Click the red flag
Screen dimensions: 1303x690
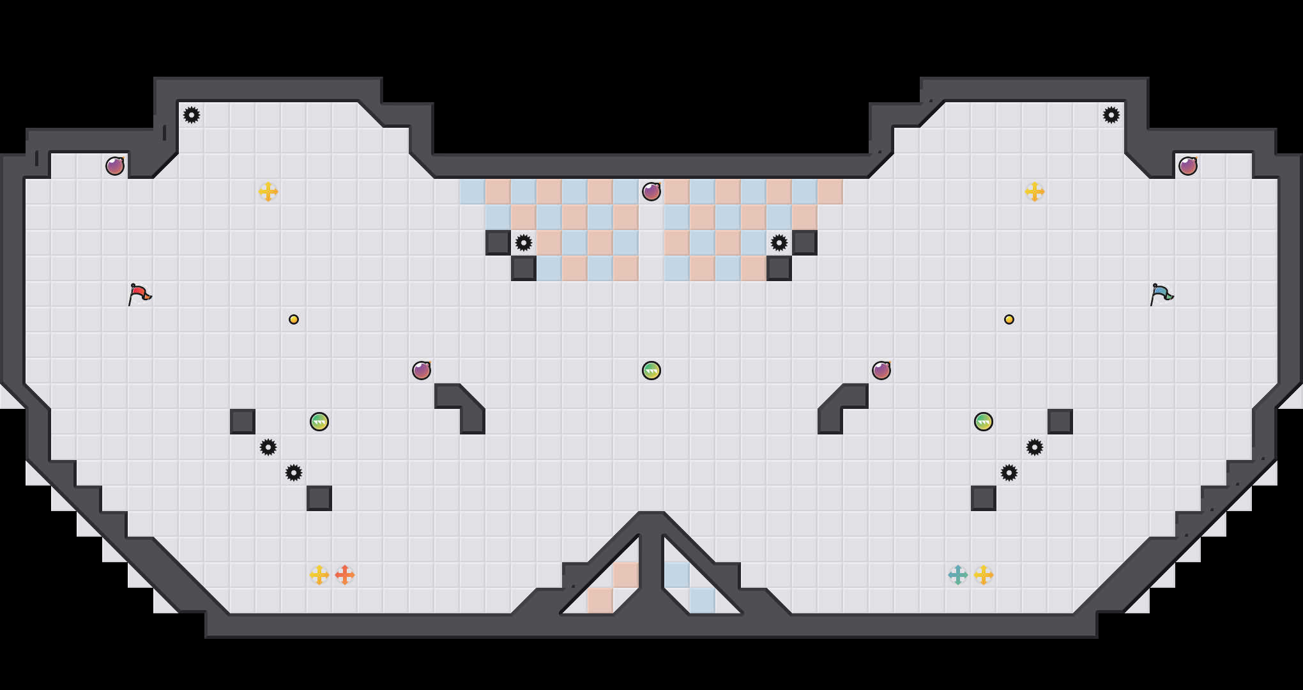[139, 294]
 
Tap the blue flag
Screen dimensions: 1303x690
[1161, 294]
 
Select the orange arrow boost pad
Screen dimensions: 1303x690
[345, 575]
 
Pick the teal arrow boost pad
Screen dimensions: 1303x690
[958, 575]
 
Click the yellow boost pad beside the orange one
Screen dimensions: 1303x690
[319, 575]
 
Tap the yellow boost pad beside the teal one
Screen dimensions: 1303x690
[984, 575]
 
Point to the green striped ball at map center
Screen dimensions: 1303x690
[651, 371]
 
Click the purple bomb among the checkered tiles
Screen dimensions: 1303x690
[651, 192]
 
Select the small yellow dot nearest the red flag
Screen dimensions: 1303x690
[294, 319]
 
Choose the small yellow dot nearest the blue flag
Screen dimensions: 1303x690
[1009, 319]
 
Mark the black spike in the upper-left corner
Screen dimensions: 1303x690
[192, 115]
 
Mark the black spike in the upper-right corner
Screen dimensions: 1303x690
[1111, 115]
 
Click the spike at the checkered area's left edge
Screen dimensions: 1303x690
[524, 243]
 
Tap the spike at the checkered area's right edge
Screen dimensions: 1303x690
[779, 243]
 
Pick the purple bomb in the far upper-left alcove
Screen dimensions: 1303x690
[115, 166]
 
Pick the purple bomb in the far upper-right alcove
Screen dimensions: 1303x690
[1188, 166]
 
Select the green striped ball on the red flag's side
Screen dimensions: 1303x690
[319, 422]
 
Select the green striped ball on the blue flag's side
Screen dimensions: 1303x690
[984, 422]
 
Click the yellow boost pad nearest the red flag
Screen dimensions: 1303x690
[268, 192]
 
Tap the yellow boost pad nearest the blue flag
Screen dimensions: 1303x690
[1035, 192]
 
